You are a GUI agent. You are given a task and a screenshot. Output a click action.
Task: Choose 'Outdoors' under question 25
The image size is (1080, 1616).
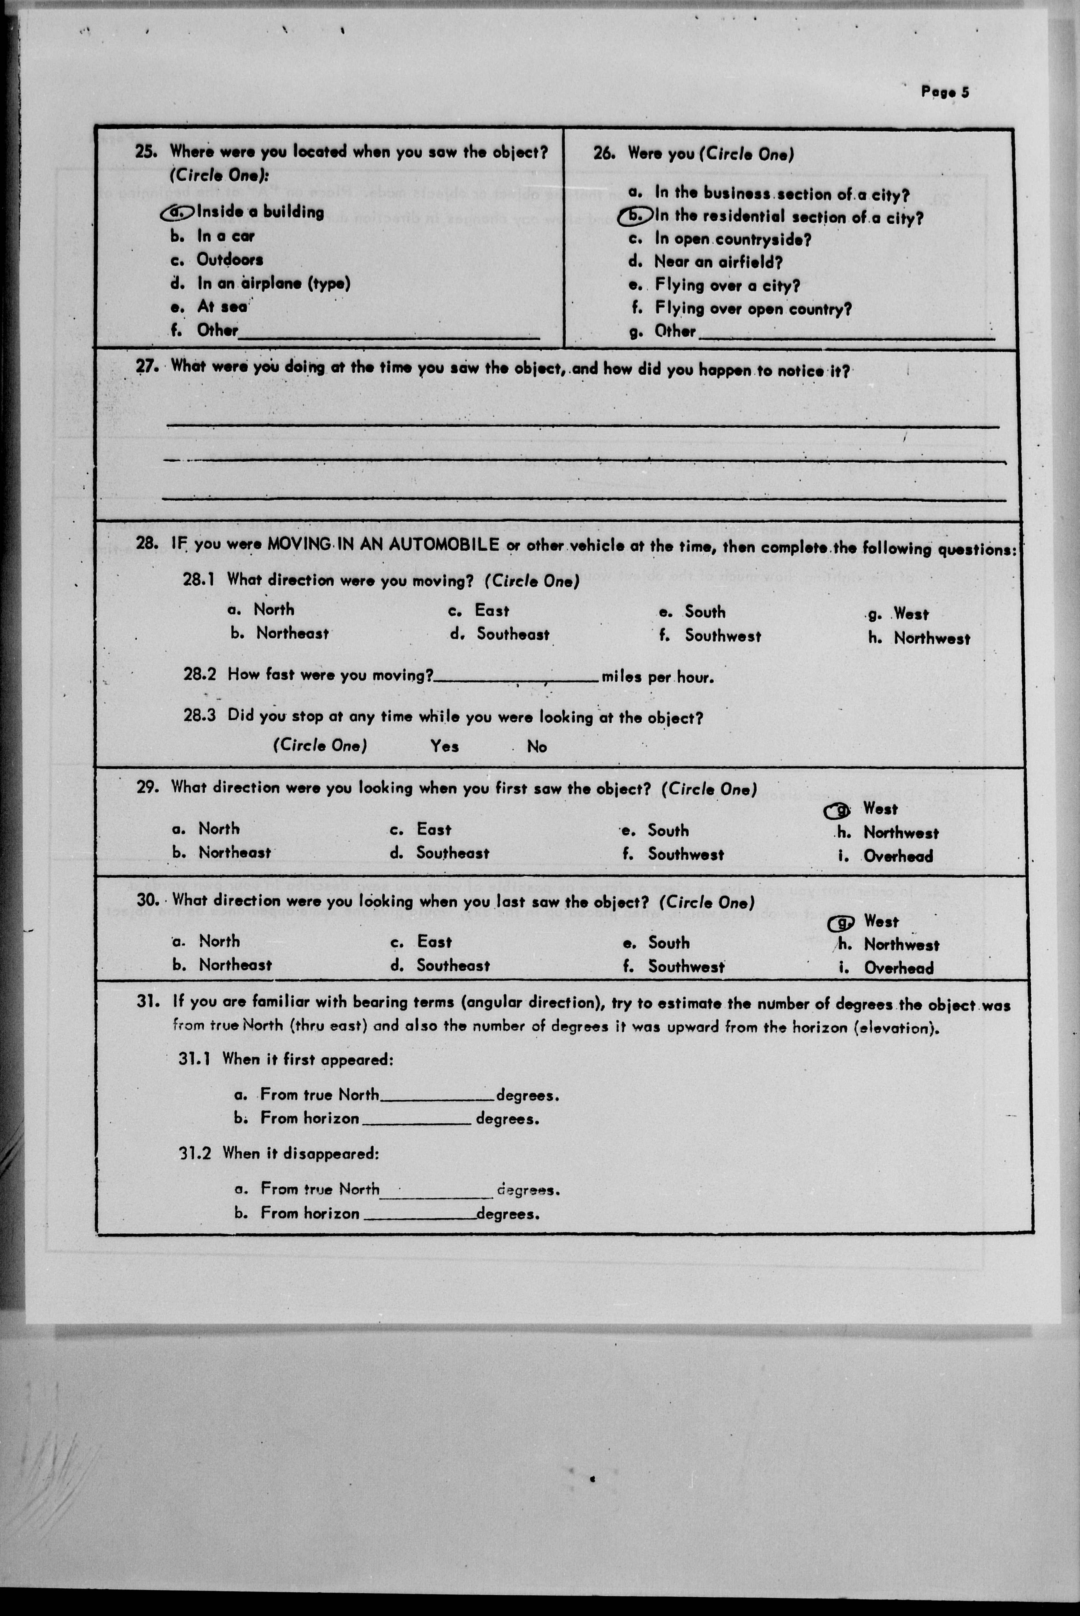coord(229,260)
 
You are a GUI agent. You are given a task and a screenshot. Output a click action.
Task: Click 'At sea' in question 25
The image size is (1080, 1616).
coord(222,307)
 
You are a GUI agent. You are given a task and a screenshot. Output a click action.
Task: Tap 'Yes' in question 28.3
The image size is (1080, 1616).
coord(444,746)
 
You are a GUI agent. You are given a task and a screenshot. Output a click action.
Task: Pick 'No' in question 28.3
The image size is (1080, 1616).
coord(537,747)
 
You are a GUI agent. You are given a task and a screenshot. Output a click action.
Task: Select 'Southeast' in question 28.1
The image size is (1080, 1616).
coord(512,634)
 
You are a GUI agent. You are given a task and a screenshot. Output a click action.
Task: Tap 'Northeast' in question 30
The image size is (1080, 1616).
coord(235,965)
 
